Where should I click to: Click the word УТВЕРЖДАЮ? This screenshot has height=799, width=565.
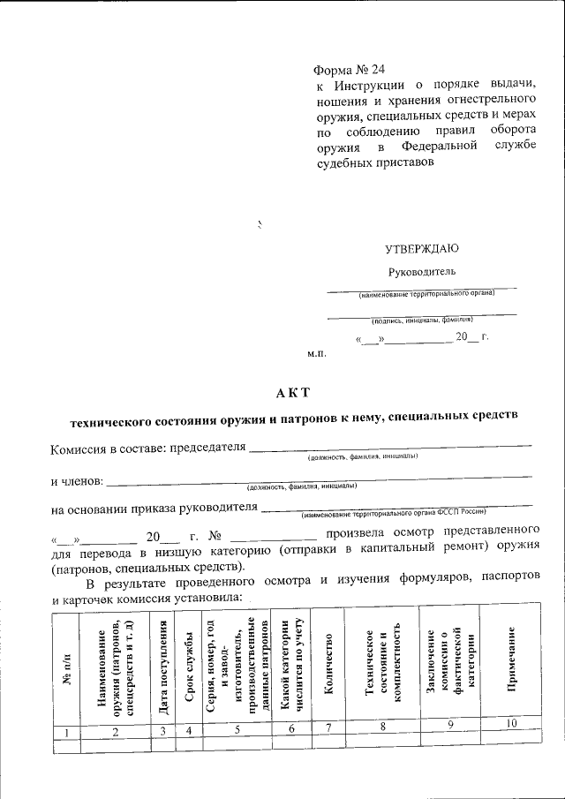coord(421,249)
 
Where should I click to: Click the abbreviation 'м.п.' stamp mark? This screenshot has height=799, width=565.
coord(317,353)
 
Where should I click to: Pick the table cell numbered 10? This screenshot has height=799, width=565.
coord(512,724)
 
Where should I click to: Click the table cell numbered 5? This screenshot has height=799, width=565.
coord(237,730)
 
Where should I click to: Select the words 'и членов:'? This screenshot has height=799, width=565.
coord(78,481)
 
